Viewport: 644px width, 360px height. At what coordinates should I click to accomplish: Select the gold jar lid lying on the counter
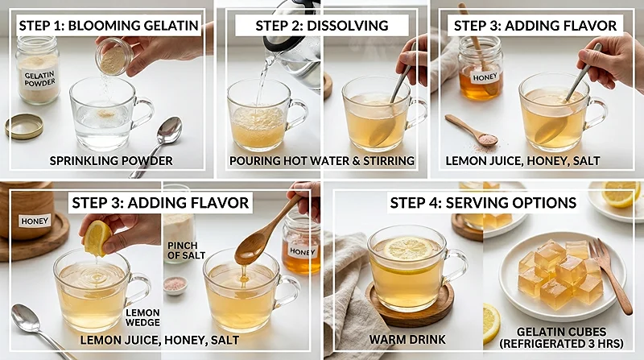click(24, 126)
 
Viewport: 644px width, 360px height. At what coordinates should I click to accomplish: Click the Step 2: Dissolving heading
click(321, 25)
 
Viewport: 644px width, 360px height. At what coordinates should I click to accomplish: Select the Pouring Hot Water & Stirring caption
click(321, 161)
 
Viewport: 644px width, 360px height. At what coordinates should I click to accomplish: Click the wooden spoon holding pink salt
click(473, 128)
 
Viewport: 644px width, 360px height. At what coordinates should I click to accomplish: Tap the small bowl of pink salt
click(175, 285)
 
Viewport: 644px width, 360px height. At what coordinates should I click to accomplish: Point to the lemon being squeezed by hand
click(97, 237)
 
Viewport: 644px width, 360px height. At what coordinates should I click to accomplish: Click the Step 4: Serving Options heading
click(483, 202)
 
